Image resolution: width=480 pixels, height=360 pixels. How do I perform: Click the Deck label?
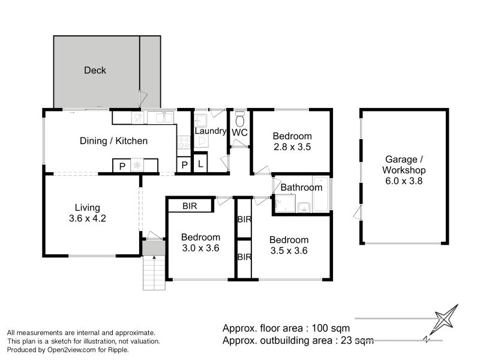pyautogui.click(x=95, y=70)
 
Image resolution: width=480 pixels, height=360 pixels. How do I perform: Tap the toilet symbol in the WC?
pyautogui.click(x=239, y=119)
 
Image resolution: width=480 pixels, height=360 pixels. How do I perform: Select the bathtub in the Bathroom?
pyautogui.click(x=320, y=194)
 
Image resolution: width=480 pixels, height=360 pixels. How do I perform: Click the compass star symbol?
pyautogui.click(x=446, y=319)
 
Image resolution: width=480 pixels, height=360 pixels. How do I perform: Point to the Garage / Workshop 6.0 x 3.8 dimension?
pyautogui.click(x=404, y=181)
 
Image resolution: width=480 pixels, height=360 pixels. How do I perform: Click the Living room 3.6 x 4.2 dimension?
pyautogui.click(x=88, y=218)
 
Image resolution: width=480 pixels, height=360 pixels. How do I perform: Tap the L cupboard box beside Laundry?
pyautogui.click(x=200, y=163)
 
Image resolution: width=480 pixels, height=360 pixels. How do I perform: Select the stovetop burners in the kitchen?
pyautogui.click(x=184, y=142)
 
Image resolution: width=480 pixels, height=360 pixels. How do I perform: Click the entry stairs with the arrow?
pyautogui.click(x=154, y=272)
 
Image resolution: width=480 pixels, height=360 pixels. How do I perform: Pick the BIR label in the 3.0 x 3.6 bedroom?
pyautogui.click(x=190, y=206)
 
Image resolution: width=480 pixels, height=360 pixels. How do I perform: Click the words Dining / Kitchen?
pyautogui.click(x=113, y=141)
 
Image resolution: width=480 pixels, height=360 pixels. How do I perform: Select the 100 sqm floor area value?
pyautogui.click(x=331, y=328)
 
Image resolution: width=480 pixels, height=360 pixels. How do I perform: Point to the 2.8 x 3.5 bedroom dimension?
pyautogui.click(x=292, y=146)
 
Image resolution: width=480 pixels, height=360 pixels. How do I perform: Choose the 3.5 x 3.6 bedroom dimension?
pyautogui.click(x=289, y=250)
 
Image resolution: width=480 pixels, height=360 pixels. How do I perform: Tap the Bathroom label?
pyautogui.click(x=301, y=187)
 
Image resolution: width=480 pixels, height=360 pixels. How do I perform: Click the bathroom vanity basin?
pyautogui.click(x=304, y=207)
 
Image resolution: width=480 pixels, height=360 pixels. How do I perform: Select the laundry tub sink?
pyautogui.click(x=200, y=121)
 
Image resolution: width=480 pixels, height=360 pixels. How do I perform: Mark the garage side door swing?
pyautogui.click(x=358, y=213)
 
